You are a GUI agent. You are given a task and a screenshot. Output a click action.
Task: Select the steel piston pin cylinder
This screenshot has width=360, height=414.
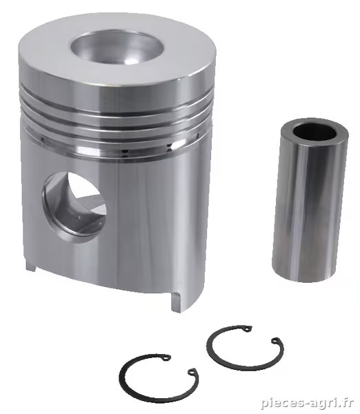(x=310, y=200)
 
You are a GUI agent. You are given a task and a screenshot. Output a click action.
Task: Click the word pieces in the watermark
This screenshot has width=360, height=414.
(x=283, y=404)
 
